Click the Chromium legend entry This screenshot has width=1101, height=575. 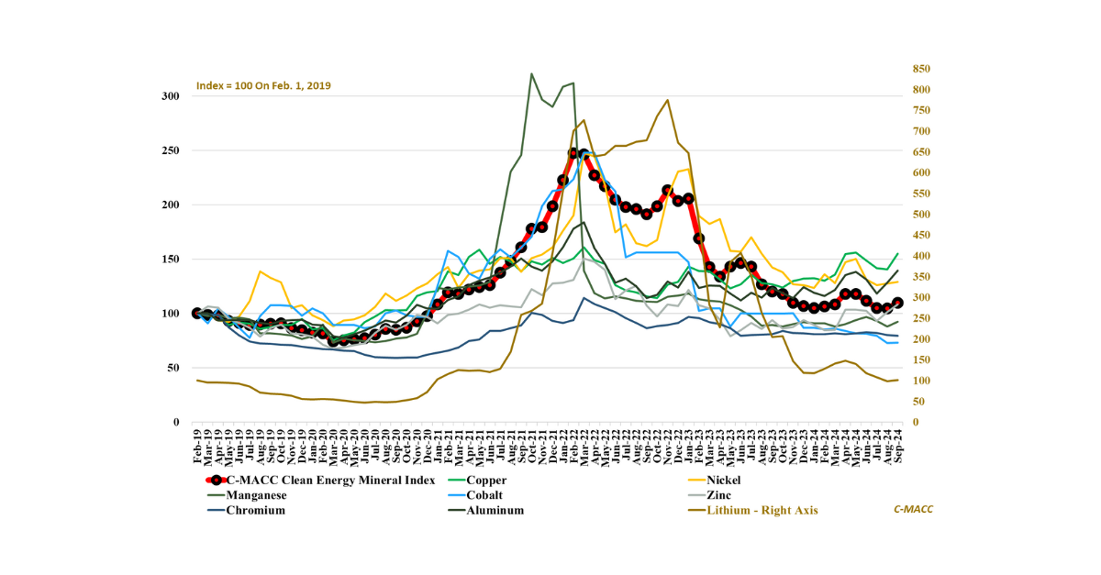click(x=255, y=511)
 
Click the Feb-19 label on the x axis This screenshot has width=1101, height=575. click(x=196, y=444)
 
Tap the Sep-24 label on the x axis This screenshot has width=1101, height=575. click(x=897, y=444)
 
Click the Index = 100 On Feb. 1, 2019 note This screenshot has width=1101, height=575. click(x=263, y=86)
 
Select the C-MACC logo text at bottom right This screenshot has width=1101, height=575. click(x=913, y=509)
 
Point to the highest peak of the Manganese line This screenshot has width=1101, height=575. click(x=532, y=74)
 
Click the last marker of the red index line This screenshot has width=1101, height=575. click(x=897, y=303)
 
